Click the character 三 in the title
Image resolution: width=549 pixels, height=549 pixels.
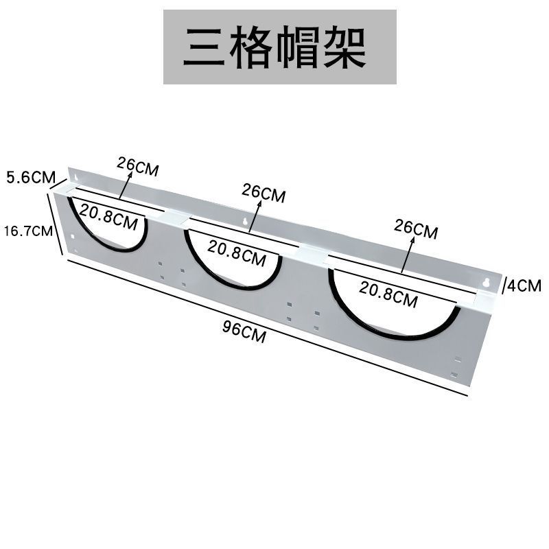click(x=205, y=47)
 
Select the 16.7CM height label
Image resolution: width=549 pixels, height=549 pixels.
click(x=28, y=231)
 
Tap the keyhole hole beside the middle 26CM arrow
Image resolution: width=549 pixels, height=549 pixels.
click(x=246, y=222)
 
